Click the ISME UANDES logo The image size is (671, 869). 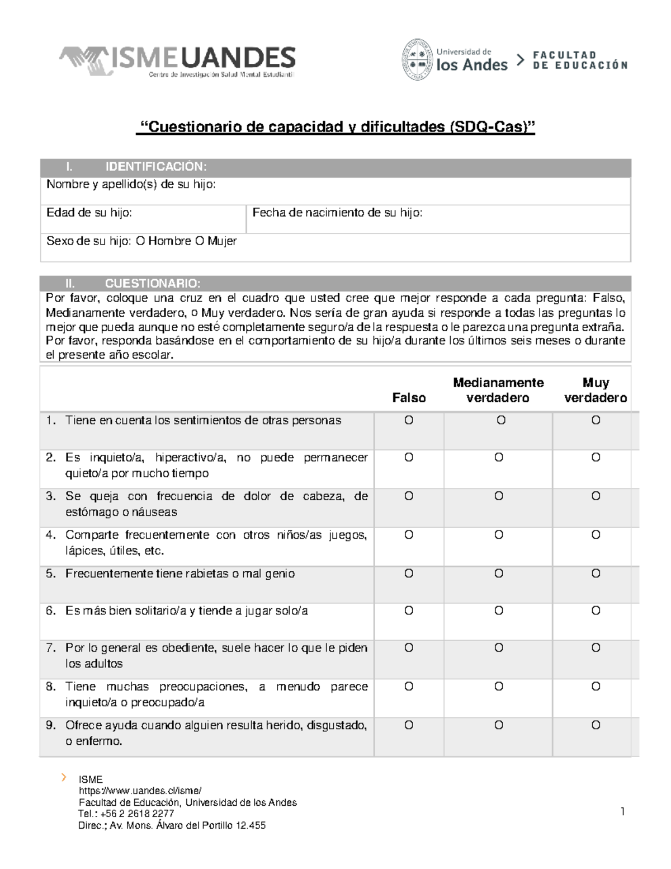[177, 60]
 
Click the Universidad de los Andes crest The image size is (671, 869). [417, 60]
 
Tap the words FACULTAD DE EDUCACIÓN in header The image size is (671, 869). [579, 60]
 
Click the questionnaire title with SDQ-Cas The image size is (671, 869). [336, 128]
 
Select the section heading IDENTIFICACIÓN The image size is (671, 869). [155, 167]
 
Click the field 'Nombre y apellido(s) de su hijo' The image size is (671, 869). [335, 191]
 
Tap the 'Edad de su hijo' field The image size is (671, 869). [143, 219]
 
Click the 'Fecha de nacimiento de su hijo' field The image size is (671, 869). [438, 219]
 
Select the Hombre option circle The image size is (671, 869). [140, 241]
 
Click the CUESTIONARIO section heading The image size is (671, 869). [152, 283]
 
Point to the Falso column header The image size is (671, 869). [409, 397]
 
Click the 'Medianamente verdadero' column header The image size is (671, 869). [498, 390]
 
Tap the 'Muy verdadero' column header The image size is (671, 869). [596, 390]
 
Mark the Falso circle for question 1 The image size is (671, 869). [409, 420]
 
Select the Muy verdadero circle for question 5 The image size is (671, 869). [596, 574]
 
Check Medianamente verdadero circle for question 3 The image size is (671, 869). [499, 496]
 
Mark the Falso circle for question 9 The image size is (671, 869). [409, 725]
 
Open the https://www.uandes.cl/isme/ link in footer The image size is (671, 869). [140, 791]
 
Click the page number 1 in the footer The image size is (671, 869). [622, 812]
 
